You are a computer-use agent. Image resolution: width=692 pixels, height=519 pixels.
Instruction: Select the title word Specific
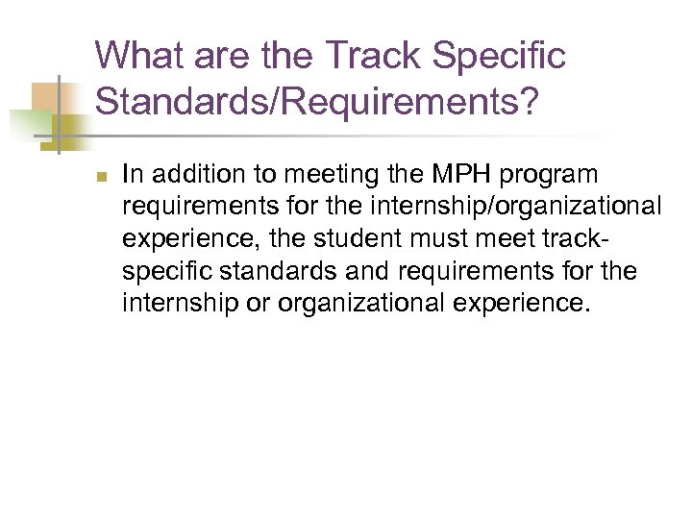pyautogui.click(x=501, y=56)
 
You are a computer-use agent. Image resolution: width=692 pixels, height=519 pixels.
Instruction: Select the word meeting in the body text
pyautogui.click(x=320, y=174)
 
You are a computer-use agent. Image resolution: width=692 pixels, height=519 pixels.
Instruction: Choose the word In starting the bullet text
pyautogui.click(x=133, y=174)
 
